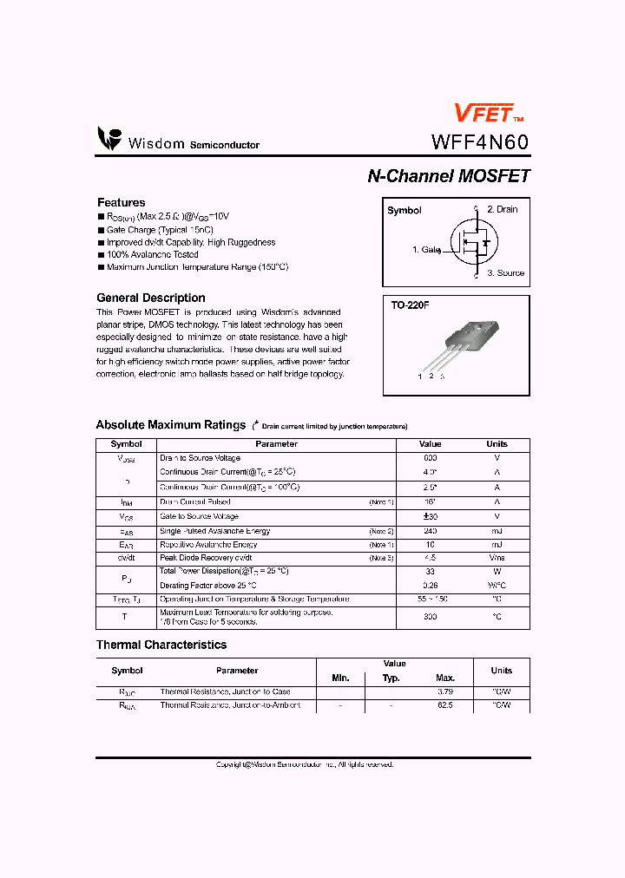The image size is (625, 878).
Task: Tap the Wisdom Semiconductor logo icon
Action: click(x=109, y=139)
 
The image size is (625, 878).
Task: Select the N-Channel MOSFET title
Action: click(x=448, y=175)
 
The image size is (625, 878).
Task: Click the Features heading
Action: click(x=121, y=202)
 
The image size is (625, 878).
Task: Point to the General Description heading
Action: click(x=150, y=298)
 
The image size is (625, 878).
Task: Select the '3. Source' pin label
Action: click(x=505, y=273)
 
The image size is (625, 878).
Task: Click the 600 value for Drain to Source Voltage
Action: click(x=430, y=457)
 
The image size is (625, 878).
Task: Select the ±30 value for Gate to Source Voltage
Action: click(x=430, y=516)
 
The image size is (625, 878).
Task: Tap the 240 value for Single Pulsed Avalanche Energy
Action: click(x=430, y=531)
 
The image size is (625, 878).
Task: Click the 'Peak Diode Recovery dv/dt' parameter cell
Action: click(x=206, y=558)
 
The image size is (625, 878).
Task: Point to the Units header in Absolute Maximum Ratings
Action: click(x=497, y=443)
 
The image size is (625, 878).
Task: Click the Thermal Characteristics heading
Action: click(x=161, y=645)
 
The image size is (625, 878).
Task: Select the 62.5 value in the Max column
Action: click(x=445, y=706)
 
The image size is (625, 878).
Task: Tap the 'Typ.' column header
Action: click(x=391, y=678)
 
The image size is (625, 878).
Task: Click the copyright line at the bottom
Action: click(x=305, y=764)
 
